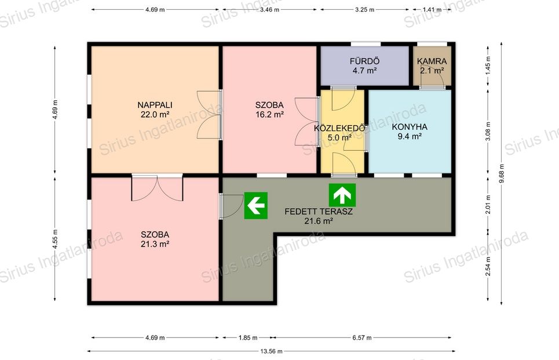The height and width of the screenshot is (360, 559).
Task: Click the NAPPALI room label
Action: point(155,105)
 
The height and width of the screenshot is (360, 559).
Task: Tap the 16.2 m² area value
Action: point(269,115)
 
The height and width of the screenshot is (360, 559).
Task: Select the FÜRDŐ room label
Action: point(364,61)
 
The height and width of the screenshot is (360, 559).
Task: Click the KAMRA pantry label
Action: point(432,61)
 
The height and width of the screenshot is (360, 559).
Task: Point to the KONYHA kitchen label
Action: point(410,126)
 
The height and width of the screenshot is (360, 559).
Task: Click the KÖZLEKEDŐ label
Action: point(339,128)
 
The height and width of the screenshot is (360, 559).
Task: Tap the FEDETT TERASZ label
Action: point(319,212)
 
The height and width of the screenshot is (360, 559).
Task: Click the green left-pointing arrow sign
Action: point(255,206)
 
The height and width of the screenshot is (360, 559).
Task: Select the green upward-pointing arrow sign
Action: point(342,195)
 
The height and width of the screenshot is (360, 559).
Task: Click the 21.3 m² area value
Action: point(155,244)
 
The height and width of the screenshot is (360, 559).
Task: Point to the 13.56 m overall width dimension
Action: point(271,351)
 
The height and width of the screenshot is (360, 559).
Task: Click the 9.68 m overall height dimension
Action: point(501,173)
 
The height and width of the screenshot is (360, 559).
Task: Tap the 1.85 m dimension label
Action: point(248,337)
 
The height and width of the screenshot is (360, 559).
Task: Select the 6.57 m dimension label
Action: point(362,337)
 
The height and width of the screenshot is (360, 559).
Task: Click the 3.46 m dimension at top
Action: point(269,10)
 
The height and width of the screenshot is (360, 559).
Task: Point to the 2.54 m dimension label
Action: point(488,267)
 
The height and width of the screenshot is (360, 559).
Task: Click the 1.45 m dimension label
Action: point(488,64)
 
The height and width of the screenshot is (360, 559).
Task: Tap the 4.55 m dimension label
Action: point(54,239)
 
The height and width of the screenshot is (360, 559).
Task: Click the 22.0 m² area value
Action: point(155,115)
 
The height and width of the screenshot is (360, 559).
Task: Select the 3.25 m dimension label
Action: point(364,10)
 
